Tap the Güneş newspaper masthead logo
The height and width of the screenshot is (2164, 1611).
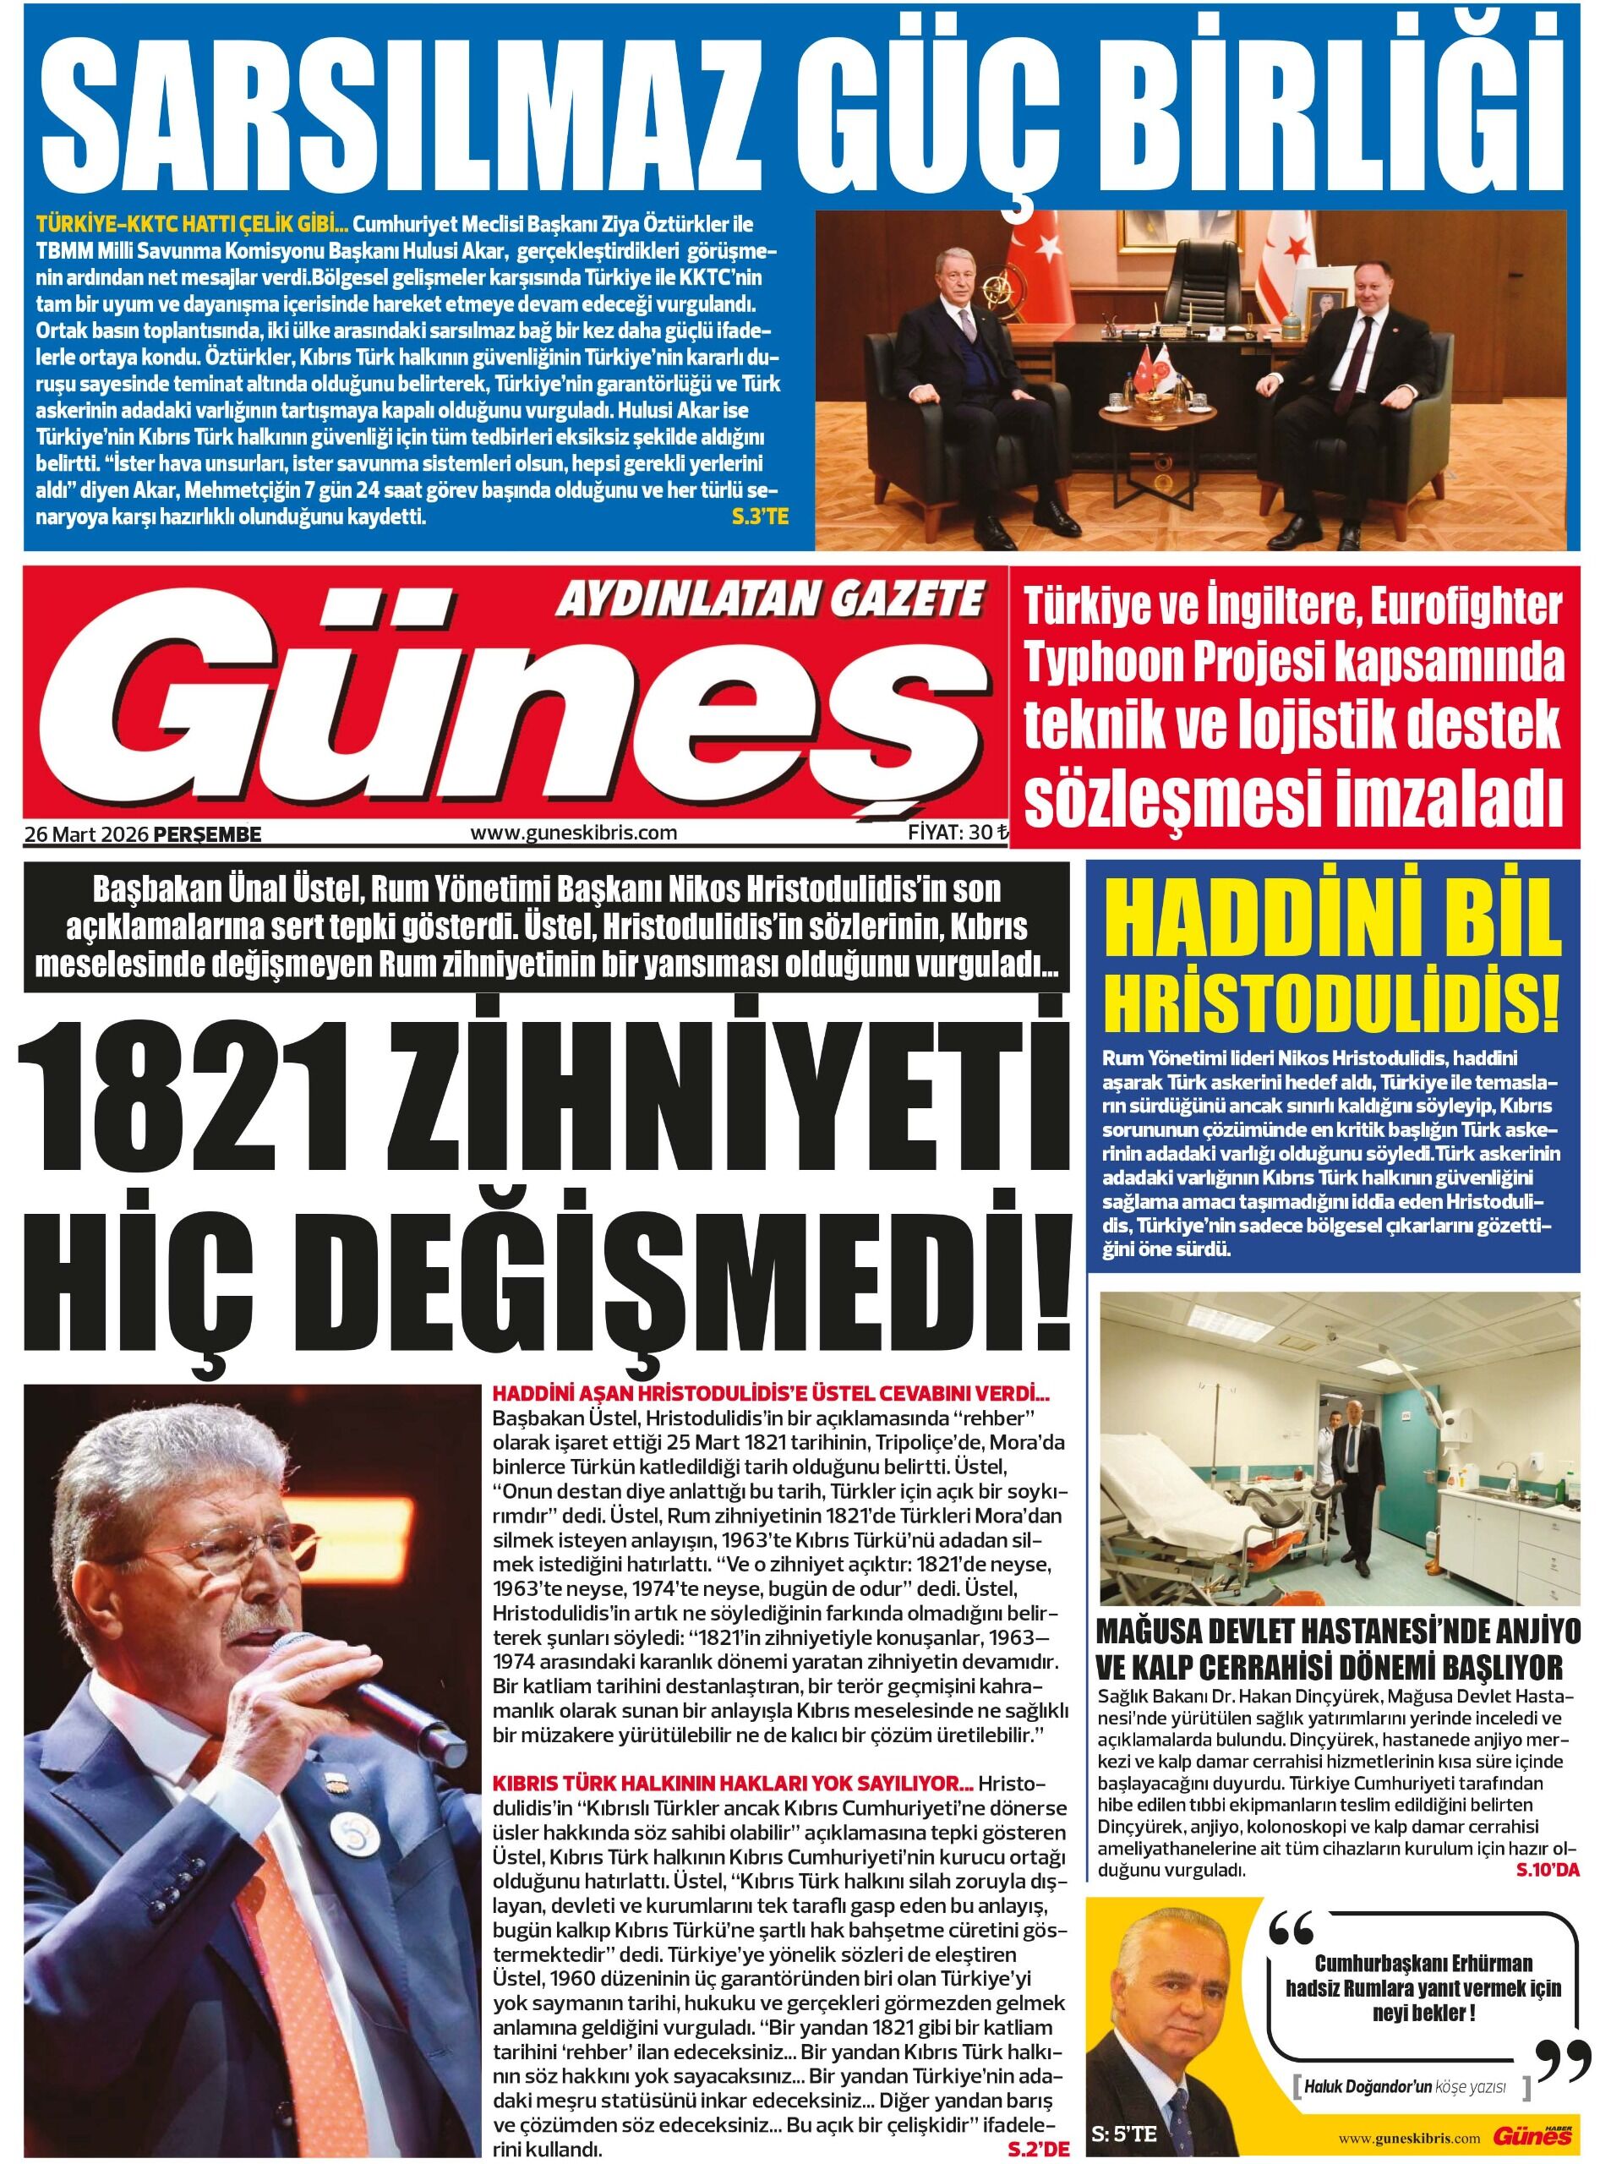546,722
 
